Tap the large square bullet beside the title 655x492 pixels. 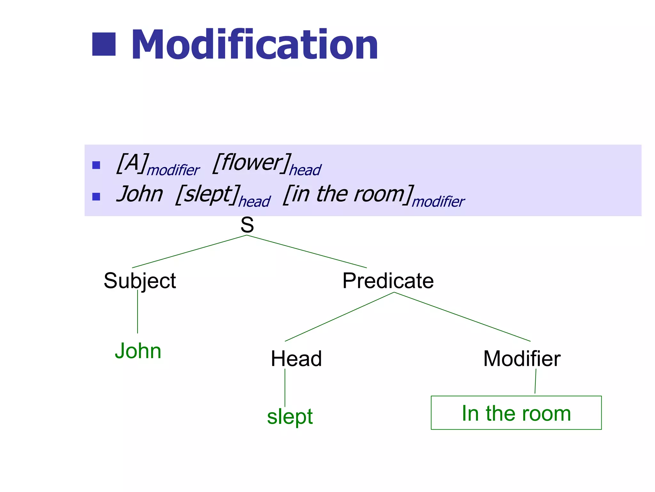[104, 44]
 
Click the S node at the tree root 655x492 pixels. [247, 225]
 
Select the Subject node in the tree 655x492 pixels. [140, 281]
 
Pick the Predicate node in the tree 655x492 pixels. [388, 281]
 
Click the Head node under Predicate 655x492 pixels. [296, 358]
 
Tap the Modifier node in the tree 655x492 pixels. [522, 358]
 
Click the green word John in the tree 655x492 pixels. [138, 351]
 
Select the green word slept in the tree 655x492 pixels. [290, 416]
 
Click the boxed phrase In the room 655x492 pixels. [516, 413]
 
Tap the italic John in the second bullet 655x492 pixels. [140, 194]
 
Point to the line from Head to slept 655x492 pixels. [285, 388]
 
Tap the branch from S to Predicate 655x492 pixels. [307, 252]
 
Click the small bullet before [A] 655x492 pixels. [96, 165]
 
